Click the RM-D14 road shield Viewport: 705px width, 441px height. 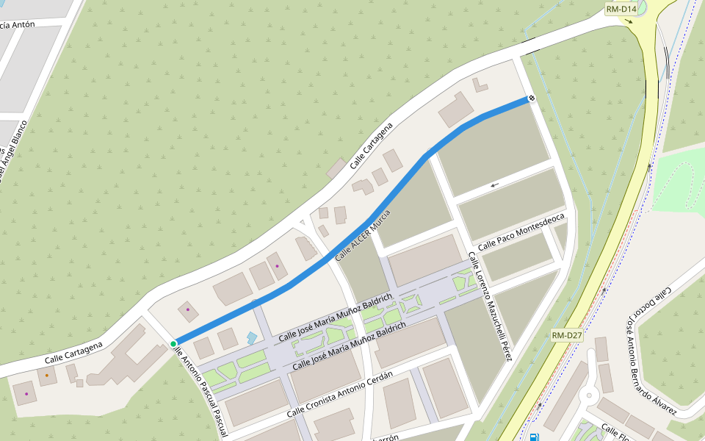pyautogui.click(x=621, y=9)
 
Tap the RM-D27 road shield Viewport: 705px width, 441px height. pyautogui.click(x=567, y=336)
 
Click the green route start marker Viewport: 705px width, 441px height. pyautogui.click(x=173, y=344)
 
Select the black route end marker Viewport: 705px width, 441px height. pyautogui.click(x=530, y=98)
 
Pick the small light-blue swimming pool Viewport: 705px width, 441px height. pyautogui.click(x=252, y=339)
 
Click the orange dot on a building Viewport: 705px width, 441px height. pyautogui.click(x=46, y=376)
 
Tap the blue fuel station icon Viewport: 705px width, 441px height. pyautogui.click(x=532, y=437)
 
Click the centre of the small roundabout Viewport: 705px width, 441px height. pyautogui.click(x=588, y=397)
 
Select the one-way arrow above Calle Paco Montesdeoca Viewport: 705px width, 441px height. pyautogui.click(x=495, y=184)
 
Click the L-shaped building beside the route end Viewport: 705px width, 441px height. pyautogui.click(x=479, y=85)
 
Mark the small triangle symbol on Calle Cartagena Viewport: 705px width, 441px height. pyautogui.click(x=302, y=222)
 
